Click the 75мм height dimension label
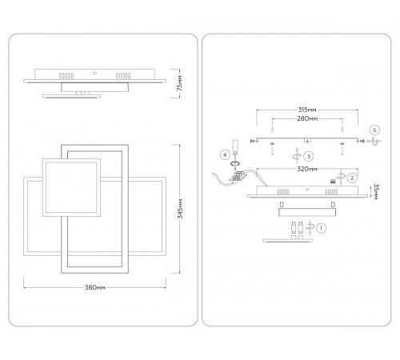point(180,83)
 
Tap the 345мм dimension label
point(180,208)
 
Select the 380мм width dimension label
point(95,287)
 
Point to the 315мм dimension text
point(307,110)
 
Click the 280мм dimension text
point(307,118)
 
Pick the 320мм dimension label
point(307,169)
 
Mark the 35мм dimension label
point(375,191)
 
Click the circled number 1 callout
point(321,228)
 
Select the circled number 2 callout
point(352,178)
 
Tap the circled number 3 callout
point(309,156)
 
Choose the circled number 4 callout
point(225,154)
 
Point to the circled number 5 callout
point(374,130)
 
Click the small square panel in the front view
point(71,187)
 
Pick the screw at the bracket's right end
point(362,141)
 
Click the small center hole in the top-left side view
point(94,72)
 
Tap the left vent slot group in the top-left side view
point(66,76)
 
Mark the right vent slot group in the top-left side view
point(123,76)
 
